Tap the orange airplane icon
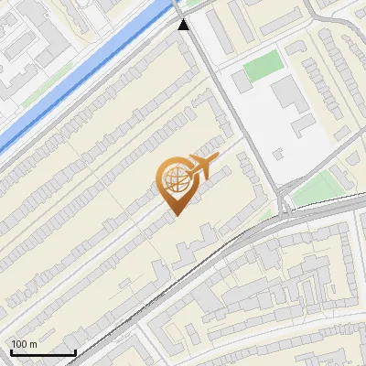(x=202, y=165)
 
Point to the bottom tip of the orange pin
(x=174, y=214)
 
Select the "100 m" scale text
(x=25, y=344)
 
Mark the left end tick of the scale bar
(x=11, y=351)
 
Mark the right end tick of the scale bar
(x=75, y=351)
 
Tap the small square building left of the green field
(x=241, y=81)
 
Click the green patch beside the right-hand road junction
(x=318, y=187)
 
